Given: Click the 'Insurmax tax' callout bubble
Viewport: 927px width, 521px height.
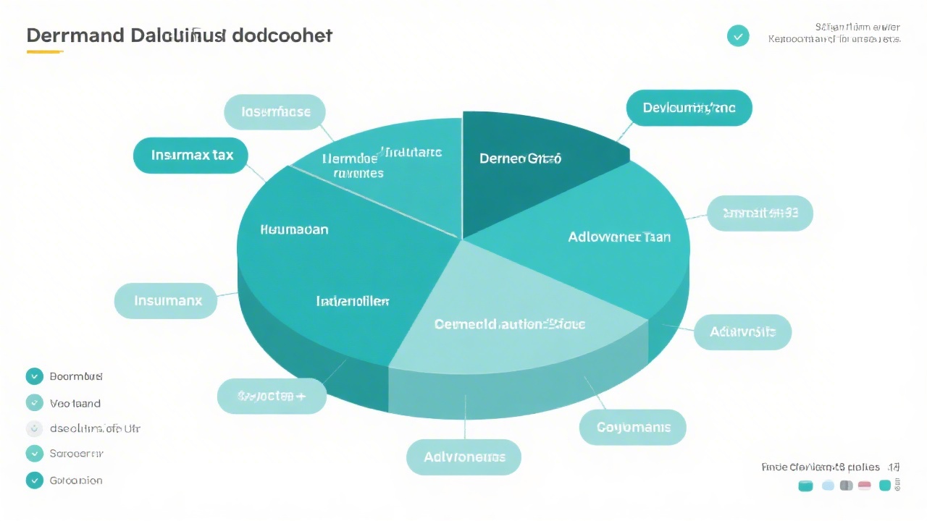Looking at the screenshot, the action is (190, 156).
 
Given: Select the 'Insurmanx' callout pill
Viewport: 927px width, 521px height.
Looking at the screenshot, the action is (166, 300).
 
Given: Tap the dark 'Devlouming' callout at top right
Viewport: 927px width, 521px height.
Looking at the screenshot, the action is (689, 108).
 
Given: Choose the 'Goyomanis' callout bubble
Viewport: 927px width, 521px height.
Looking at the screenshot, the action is (633, 428).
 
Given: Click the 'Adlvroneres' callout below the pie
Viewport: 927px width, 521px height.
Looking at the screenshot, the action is (463, 457).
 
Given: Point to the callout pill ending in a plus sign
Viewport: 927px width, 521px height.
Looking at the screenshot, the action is (272, 396).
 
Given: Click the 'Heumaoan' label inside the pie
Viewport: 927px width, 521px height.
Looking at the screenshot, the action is (294, 229).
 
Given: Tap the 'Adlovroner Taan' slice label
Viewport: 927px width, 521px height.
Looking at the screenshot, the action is (619, 237).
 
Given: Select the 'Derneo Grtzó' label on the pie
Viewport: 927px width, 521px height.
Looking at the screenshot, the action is (520, 158).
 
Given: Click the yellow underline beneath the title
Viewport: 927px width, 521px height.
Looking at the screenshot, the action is (45, 52).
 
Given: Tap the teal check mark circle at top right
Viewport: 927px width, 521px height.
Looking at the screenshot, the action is (738, 35).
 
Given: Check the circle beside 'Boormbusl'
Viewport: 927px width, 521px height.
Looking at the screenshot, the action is (34, 376).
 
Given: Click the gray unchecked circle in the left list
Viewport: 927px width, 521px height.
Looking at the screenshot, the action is (34, 428).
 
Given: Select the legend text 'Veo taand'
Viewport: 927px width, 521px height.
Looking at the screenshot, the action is (75, 403).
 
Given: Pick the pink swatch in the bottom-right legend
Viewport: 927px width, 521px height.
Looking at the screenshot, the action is (864, 486).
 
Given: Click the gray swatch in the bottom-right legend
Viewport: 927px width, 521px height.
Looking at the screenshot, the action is (846, 486).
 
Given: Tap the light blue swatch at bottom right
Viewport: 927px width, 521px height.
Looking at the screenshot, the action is (829, 486).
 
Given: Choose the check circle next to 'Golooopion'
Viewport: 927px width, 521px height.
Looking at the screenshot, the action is (34, 480).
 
